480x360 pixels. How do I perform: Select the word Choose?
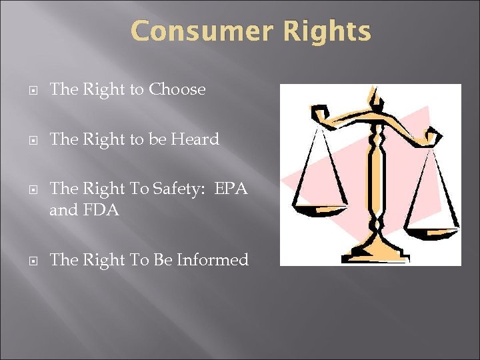coord(177,89)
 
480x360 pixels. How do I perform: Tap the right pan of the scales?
coord(433,227)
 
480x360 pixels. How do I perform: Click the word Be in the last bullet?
coord(162,260)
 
